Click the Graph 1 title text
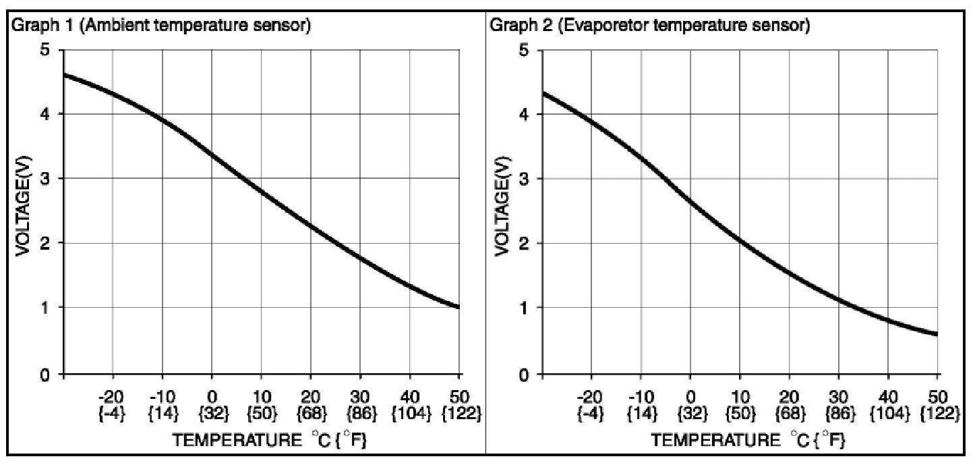[160, 27]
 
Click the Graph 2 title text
[649, 27]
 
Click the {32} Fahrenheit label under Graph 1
[212, 413]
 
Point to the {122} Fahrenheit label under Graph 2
[938, 413]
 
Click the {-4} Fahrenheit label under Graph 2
[591, 413]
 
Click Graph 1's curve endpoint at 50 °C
[459, 307]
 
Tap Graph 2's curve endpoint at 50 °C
[937, 334]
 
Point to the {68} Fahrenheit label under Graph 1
[311, 413]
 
